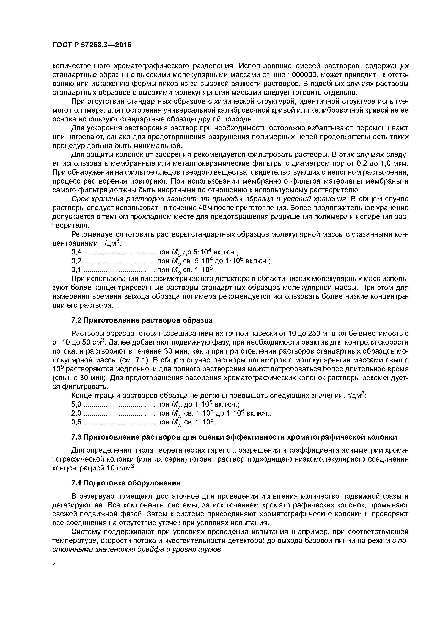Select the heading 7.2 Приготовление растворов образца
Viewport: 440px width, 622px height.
[x=142, y=320]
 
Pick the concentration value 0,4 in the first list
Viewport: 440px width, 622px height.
[x=76, y=252]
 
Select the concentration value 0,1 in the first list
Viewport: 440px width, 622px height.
[x=76, y=270]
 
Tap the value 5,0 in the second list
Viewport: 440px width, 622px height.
[x=76, y=404]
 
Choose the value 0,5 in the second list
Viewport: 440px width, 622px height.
[x=76, y=422]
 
